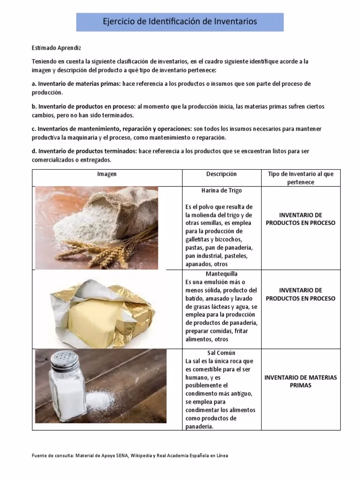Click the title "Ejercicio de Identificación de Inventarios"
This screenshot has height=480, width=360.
pos(180,22)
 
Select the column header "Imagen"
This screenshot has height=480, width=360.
pos(107,174)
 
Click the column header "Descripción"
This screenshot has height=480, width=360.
pos(221,174)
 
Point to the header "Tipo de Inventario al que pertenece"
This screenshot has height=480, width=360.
pos(300,178)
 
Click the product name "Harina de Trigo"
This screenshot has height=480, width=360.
pos(221,191)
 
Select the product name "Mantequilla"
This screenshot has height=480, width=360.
pos(221,273)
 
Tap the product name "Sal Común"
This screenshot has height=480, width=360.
pos(221,352)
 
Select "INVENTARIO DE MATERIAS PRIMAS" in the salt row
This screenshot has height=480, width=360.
pos(300,382)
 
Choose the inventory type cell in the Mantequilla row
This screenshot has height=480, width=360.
pos(300,294)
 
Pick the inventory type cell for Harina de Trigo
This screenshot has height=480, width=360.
pos(300,219)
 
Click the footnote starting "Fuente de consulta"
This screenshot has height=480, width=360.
pos(130,456)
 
